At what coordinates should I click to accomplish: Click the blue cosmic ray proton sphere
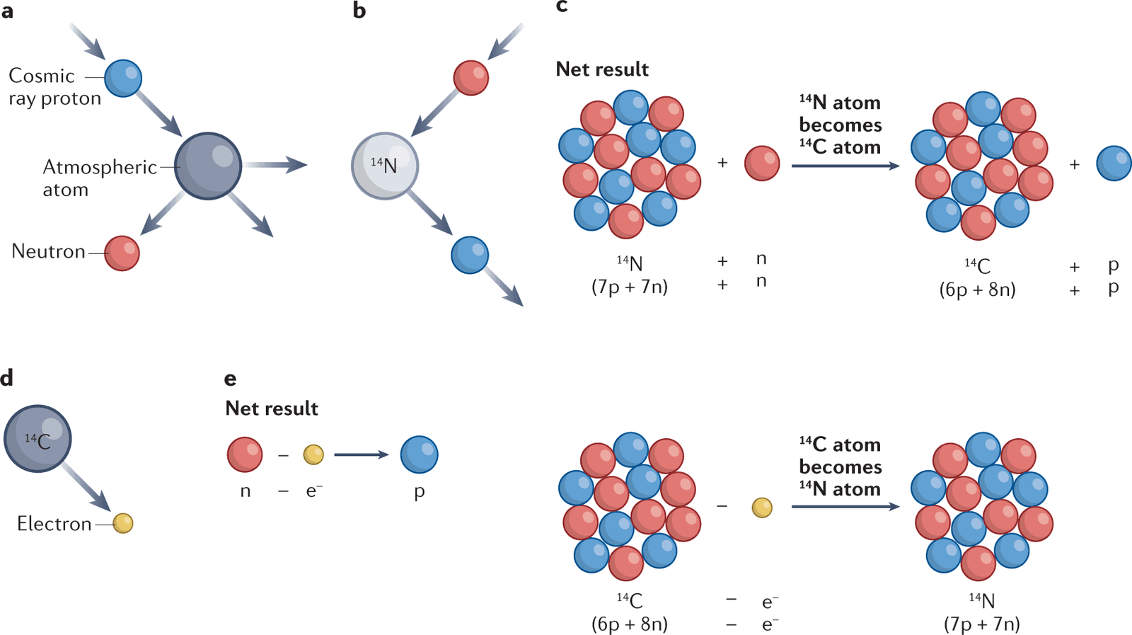tap(123, 78)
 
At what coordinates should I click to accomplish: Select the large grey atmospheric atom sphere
tap(208, 166)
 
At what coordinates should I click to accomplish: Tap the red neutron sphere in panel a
tap(122, 253)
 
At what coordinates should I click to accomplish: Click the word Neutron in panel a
tap(48, 251)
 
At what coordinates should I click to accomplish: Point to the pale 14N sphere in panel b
tap(385, 166)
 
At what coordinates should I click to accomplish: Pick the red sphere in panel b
tap(470, 77)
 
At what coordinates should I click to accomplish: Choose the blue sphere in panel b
tap(470, 255)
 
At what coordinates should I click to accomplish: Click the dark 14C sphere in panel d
tap(37, 439)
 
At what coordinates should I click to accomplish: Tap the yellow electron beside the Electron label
tap(123, 523)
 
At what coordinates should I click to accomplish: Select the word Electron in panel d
tap(54, 524)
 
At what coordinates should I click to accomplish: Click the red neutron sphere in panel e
tap(245, 454)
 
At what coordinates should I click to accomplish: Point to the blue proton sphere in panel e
tap(419, 454)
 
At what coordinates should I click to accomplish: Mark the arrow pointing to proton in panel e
tap(362, 454)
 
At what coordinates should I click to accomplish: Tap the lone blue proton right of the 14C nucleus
tap(1114, 164)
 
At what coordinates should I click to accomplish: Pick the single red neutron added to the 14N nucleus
tap(762, 164)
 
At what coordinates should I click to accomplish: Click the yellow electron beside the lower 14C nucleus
tap(762, 508)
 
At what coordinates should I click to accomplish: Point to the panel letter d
tap(7, 378)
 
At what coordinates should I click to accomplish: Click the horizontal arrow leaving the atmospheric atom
tap(276, 166)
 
